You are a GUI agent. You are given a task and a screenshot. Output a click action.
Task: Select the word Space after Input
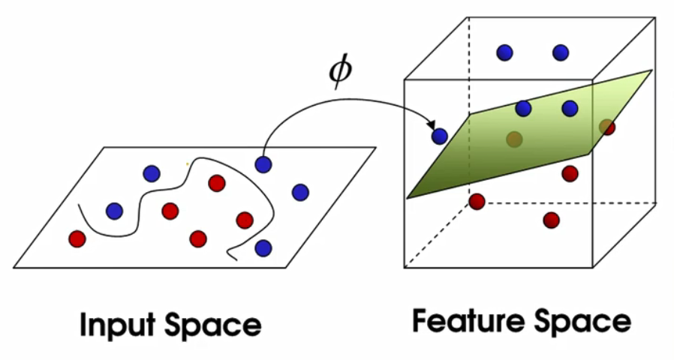213,325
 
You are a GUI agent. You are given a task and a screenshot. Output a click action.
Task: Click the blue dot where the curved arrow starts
263,164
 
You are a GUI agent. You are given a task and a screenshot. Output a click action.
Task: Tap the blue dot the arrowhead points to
439,136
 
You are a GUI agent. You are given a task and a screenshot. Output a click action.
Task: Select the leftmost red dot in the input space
77,238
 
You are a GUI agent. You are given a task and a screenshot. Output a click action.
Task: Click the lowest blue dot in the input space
263,248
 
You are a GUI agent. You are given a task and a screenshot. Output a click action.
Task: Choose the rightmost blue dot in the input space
300,193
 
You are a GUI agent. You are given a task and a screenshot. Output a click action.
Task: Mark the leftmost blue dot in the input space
114,211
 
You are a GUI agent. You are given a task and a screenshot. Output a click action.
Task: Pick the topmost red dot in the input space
217,184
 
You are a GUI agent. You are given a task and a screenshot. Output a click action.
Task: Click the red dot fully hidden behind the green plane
514,139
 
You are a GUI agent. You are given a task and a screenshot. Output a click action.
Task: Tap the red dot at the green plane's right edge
607,127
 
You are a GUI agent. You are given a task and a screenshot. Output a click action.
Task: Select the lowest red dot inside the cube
551,220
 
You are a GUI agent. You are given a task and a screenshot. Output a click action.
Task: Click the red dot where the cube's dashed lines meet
477,202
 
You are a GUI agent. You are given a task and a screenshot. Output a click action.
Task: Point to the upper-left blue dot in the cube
504,52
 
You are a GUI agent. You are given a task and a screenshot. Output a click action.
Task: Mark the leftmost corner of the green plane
407,198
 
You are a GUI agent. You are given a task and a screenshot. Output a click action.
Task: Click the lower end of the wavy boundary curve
237,260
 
